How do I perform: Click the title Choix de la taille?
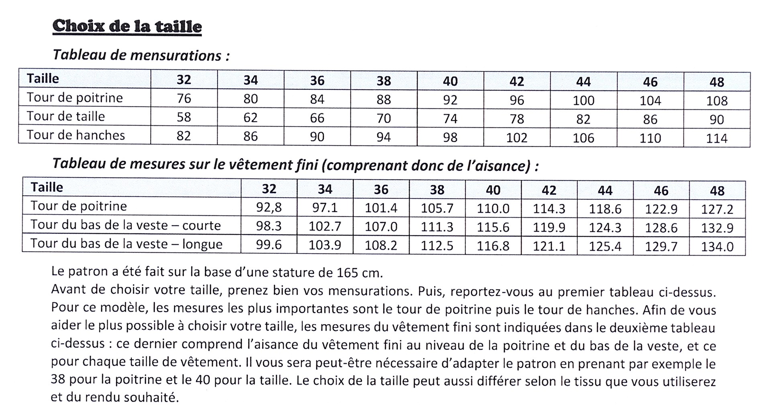click(127, 26)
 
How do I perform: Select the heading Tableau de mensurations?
click(141, 55)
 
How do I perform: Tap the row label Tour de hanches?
click(76, 135)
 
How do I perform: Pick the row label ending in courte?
click(126, 225)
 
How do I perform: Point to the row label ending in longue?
click(126, 244)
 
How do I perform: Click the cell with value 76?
click(184, 98)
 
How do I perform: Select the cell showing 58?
click(184, 117)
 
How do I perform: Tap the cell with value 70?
click(383, 118)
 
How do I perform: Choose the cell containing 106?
click(583, 138)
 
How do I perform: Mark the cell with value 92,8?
click(269, 208)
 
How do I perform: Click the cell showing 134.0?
click(717, 246)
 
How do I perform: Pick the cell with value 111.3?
click(437, 227)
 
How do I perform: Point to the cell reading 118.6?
click(605, 209)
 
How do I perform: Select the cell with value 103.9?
click(325, 245)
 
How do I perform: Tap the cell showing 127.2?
click(717, 209)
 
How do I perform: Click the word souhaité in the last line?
click(153, 398)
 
